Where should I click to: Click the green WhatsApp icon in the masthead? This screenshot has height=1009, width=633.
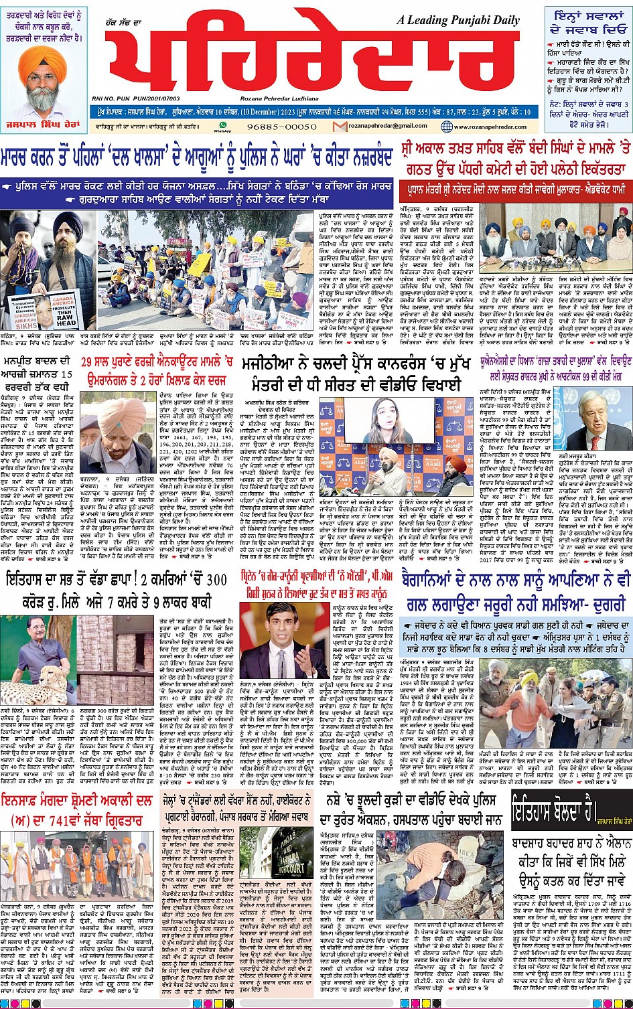click(x=218, y=125)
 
